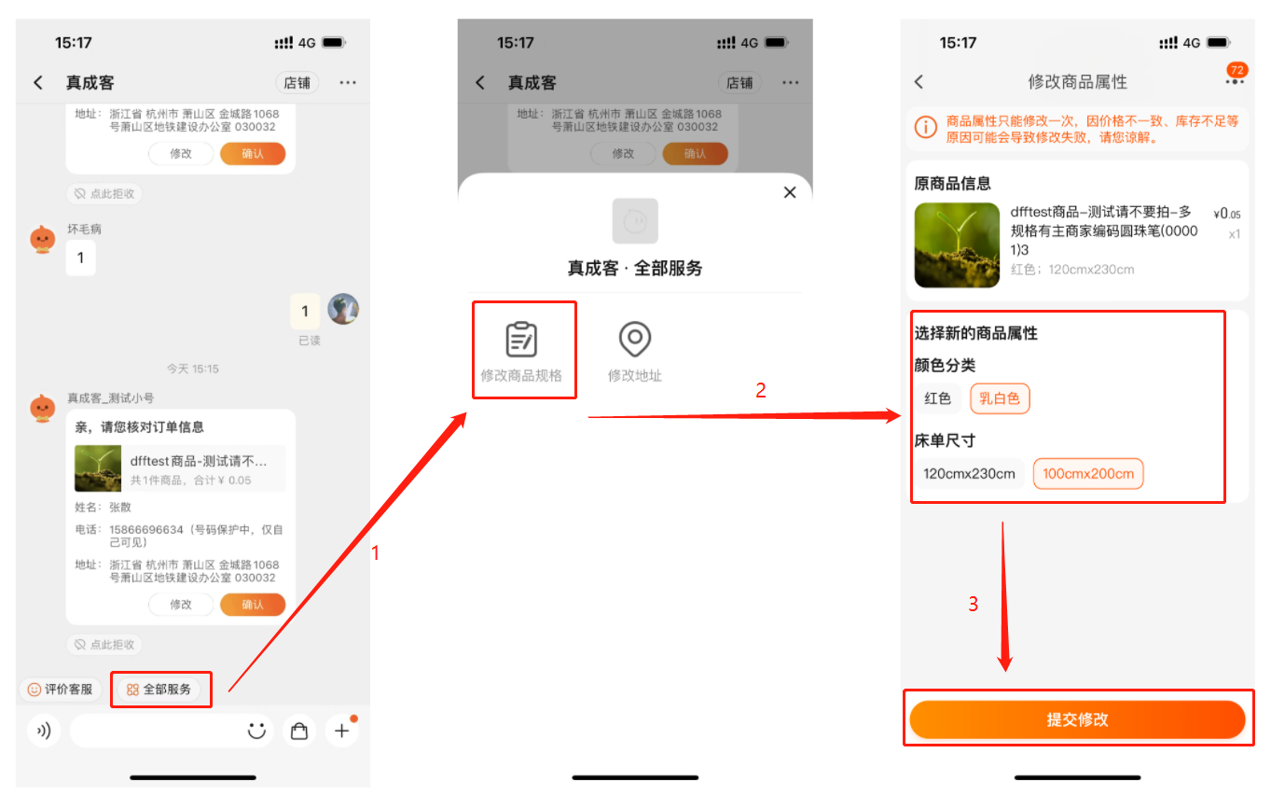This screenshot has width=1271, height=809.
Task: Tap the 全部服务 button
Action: click(159, 690)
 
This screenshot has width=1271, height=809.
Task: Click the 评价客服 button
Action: click(60, 690)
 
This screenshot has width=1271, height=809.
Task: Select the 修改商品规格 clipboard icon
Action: click(521, 339)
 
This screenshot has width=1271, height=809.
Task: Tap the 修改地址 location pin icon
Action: click(634, 339)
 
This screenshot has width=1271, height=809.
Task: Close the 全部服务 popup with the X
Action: click(789, 192)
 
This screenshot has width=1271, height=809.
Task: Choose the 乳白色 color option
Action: click(1000, 398)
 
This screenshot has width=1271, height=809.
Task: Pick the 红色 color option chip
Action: click(937, 398)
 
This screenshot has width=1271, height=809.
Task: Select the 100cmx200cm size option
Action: click(1087, 473)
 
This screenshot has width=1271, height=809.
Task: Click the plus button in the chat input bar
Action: click(341, 731)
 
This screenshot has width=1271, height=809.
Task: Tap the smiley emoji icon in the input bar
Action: click(256, 731)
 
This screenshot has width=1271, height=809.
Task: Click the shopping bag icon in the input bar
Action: click(299, 731)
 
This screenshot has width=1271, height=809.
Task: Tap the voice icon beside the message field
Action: click(44, 731)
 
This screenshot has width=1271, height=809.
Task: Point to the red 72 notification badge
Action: click(1236, 70)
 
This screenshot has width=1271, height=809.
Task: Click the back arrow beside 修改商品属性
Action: click(919, 82)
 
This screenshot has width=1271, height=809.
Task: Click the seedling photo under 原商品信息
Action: click(957, 244)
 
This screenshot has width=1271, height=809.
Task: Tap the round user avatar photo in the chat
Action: click(343, 310)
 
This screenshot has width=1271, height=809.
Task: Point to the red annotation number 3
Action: click(974, 604)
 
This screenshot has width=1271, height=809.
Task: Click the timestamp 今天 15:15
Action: click(192, 369)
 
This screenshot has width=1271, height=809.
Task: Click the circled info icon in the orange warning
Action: click(925, 127)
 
